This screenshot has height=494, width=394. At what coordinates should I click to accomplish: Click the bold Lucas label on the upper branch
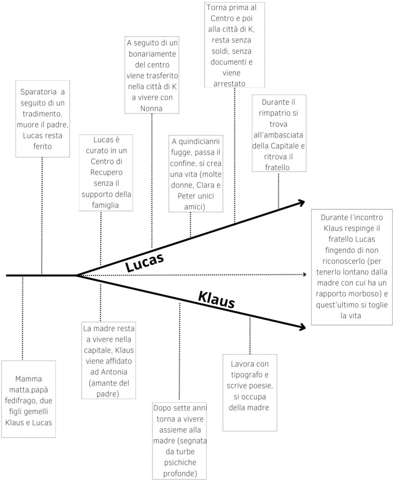click(145, 262)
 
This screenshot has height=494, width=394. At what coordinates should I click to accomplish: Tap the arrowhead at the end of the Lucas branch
click(302, 203)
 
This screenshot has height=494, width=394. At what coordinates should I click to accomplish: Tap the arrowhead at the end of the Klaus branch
click(302, 327)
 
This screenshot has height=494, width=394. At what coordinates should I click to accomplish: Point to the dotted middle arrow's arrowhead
click(305, 274)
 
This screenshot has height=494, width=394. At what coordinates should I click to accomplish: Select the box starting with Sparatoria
click(42, 118)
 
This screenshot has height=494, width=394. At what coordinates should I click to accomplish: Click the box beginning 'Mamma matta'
click(28, 399)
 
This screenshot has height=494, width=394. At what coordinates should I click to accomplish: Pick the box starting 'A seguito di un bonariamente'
click(152, 76)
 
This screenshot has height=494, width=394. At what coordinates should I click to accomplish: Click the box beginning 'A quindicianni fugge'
click(196, 174)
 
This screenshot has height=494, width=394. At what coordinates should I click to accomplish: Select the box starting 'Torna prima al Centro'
click(234, 45)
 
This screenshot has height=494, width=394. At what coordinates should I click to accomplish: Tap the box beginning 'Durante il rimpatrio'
click(279, 133)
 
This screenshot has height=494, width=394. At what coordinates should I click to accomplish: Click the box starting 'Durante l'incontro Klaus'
click(351, 266)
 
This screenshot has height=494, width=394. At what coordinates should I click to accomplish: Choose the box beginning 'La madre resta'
click(109, 361)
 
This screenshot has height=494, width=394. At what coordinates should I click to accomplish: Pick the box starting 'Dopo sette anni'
click(179, 440)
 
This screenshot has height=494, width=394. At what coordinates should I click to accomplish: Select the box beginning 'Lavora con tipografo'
click(249, 392)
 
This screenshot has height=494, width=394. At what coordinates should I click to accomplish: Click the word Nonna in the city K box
click(151, 109)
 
